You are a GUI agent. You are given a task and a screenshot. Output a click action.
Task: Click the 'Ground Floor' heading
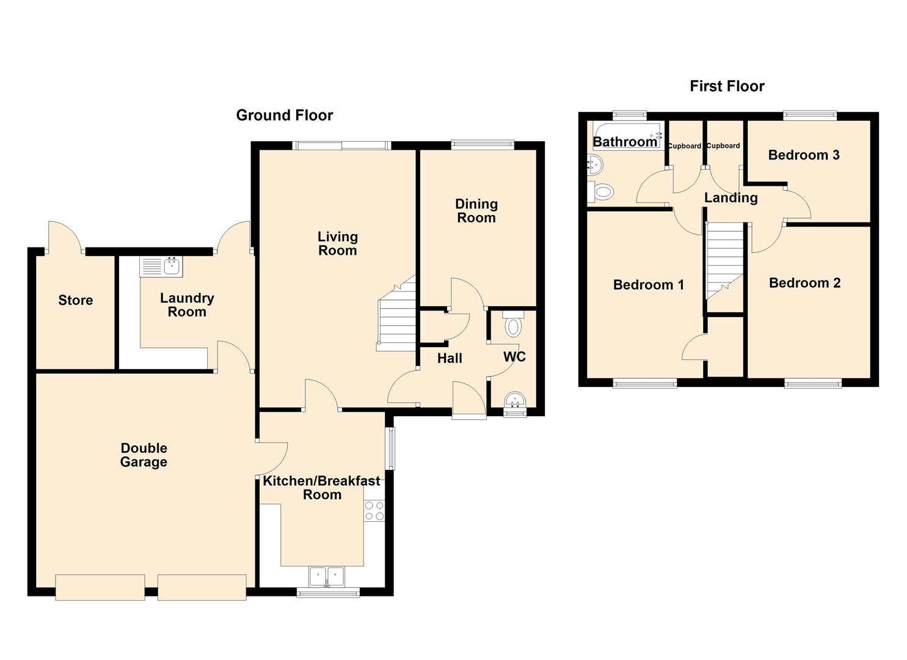pos(284,115)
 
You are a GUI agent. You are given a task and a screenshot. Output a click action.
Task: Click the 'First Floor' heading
pos(727,86)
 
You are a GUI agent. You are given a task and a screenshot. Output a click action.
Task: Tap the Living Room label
pos(337,243)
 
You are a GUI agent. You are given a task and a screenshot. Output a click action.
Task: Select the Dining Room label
pos(476,211)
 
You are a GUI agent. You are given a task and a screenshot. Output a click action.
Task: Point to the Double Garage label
pos(144,455)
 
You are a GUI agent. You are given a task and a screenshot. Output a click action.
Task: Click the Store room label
pos(76,300)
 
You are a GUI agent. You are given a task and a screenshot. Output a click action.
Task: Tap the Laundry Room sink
pos(161,266)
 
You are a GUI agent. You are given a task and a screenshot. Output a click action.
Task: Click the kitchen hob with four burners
pos(374,511)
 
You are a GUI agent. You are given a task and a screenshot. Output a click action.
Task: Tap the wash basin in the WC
pos(514,402)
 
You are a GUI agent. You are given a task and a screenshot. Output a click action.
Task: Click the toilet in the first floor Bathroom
pos(601,192)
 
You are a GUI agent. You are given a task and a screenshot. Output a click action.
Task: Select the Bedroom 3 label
pos(803,155)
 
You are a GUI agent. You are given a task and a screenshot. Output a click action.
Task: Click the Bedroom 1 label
pos(648,285)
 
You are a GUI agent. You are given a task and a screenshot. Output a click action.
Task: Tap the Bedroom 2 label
pos(804,283)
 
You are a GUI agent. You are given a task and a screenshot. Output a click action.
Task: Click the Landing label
pos(730,198)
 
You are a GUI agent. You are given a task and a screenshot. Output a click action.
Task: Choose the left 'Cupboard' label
pos(684,146)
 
